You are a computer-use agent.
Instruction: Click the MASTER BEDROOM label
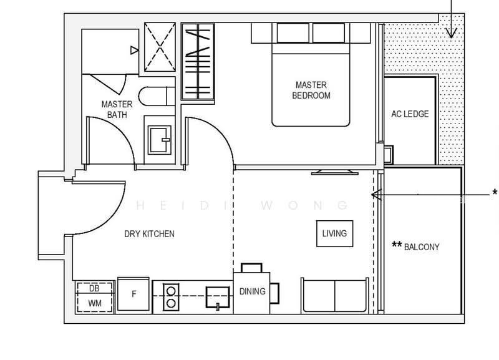tap(311, 90)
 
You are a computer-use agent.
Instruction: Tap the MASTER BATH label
tap(117, 109)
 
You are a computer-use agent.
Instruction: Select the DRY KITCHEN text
tap(149, 234)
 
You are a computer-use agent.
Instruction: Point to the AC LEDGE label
tap(410, 114)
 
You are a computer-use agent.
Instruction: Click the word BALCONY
tap(422, 247)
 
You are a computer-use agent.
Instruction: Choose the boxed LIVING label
tap(334, 233)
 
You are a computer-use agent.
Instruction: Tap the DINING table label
tap(253, 291)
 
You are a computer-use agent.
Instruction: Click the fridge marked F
tap(133, 294)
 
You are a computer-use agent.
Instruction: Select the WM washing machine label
tap(95, 303)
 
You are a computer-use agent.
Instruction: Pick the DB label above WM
tap(94, 288)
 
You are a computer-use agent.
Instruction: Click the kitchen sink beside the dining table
tap(218, 297)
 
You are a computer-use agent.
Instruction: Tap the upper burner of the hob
tap(171, 291)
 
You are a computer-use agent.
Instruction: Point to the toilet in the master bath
tap(157, 96)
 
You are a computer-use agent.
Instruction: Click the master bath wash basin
tap(160, 140)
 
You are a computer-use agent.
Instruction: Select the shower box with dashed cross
tap(160, 47)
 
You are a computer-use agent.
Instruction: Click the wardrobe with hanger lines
tap(198, 61)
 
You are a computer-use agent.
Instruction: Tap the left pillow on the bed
tap(293, 33)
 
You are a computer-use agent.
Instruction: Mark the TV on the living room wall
tap(335, 173)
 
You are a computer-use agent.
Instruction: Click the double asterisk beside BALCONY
tap(397, 245)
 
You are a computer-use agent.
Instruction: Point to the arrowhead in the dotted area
tap(451, 33)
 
